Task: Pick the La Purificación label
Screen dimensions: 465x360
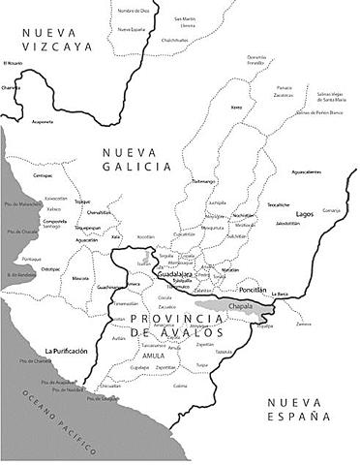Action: click(x=67, y=351)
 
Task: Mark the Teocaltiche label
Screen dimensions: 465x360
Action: click(x=279, y=205)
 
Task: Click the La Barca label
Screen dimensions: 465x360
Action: click(x=281, y=294)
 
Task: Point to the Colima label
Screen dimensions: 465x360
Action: click(x=180, y=386)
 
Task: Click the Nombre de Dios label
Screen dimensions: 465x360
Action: click(x=133, y=10)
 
